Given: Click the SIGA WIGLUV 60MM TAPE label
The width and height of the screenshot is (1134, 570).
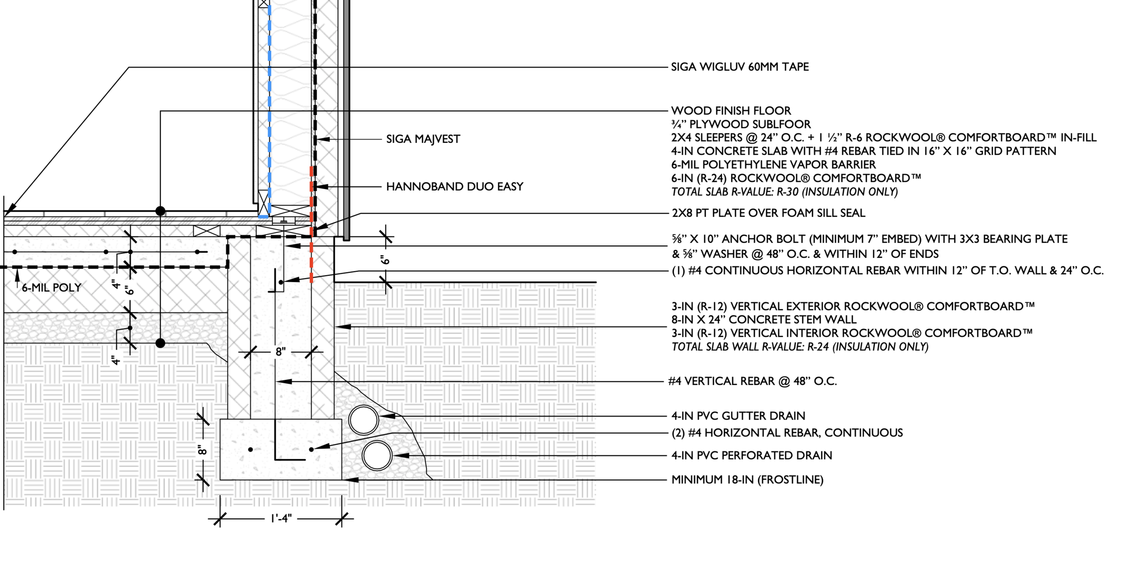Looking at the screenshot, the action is [740, 67].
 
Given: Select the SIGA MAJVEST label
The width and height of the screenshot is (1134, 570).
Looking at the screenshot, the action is [423, 139].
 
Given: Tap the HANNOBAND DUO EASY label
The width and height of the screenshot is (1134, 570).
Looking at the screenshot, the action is [455, 187].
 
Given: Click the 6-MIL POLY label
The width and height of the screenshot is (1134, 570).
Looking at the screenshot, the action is [51, 288].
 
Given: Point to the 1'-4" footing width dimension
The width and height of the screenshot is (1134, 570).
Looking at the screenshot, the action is [281, 519].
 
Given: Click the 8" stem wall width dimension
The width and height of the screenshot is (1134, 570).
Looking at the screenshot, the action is [281, 352].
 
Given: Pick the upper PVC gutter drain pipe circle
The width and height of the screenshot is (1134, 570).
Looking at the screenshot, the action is [363, 420].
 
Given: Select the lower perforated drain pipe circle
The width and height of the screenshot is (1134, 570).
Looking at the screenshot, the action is [377, 456].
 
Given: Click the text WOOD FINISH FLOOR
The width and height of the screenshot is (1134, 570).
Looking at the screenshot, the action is [731, 111].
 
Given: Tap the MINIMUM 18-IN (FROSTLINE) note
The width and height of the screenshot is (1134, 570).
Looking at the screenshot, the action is [747, 480].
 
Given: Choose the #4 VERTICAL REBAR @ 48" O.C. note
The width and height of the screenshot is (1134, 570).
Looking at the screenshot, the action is [752, 381].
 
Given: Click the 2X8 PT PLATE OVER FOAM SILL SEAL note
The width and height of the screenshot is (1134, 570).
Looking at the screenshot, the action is [768, 213].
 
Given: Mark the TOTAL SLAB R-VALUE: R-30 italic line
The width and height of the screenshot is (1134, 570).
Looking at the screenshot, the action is [784, 192].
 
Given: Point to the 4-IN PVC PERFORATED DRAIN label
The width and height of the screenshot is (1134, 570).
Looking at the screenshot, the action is [752, 456].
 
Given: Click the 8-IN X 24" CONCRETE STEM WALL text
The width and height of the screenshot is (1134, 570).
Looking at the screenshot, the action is [764, 320].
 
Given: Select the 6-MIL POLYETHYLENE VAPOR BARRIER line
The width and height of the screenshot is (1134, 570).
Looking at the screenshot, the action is [773, 165].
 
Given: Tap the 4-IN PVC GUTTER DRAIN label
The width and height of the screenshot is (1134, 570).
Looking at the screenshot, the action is [738, 416].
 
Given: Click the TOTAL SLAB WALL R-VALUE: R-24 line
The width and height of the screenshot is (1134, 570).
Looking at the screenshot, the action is [800, 347].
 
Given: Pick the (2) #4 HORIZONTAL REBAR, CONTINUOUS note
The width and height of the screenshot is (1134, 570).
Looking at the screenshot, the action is [787, 433].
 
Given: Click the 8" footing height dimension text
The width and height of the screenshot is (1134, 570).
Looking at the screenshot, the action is [202, 450].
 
